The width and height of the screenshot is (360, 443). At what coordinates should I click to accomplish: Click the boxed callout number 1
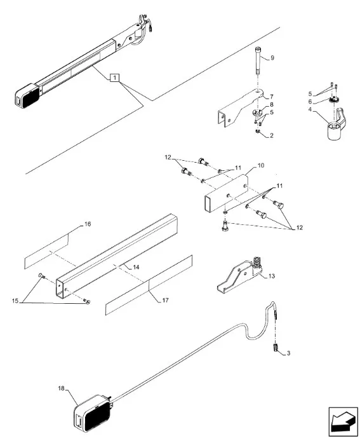(114, 78)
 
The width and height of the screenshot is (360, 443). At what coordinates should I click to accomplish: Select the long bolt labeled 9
(258, 61)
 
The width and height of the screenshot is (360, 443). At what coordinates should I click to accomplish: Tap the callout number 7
(271, 97)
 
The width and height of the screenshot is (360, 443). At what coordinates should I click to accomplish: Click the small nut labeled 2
(257, 132)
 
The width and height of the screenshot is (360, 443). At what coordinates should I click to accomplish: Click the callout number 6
(310, 102)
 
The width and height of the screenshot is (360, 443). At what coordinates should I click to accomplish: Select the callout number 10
(261, 165)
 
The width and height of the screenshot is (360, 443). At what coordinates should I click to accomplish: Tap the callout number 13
(271, 276)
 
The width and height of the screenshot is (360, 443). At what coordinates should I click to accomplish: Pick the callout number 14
(137, 268)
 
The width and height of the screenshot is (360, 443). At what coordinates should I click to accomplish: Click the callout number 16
(88, 224)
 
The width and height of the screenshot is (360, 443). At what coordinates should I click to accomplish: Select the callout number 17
(165, 301)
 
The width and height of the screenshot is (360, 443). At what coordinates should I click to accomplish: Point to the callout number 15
(15, 301)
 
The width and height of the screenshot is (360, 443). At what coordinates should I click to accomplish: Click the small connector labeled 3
(275, 347)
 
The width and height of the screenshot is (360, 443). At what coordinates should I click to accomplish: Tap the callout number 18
(62, 388)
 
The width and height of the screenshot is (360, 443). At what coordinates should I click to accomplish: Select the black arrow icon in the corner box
(343, 422)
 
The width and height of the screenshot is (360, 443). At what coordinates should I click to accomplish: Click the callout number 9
(272, 58)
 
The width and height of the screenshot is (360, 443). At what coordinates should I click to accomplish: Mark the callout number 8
(271, 104)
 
